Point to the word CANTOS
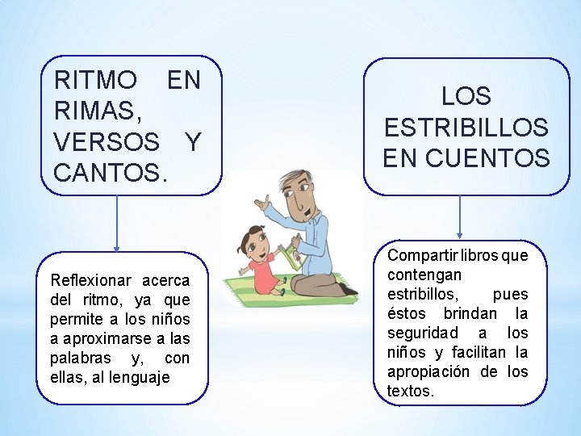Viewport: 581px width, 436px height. (108, 172)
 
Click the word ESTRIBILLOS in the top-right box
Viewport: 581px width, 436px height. (466, 128)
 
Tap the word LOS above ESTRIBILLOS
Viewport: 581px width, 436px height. (466, 97)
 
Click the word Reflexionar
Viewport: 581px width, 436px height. (90, 281)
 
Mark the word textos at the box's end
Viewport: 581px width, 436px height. (410, 392)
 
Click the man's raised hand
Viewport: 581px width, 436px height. (260, 203)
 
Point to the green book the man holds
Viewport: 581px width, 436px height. (290, 258)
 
